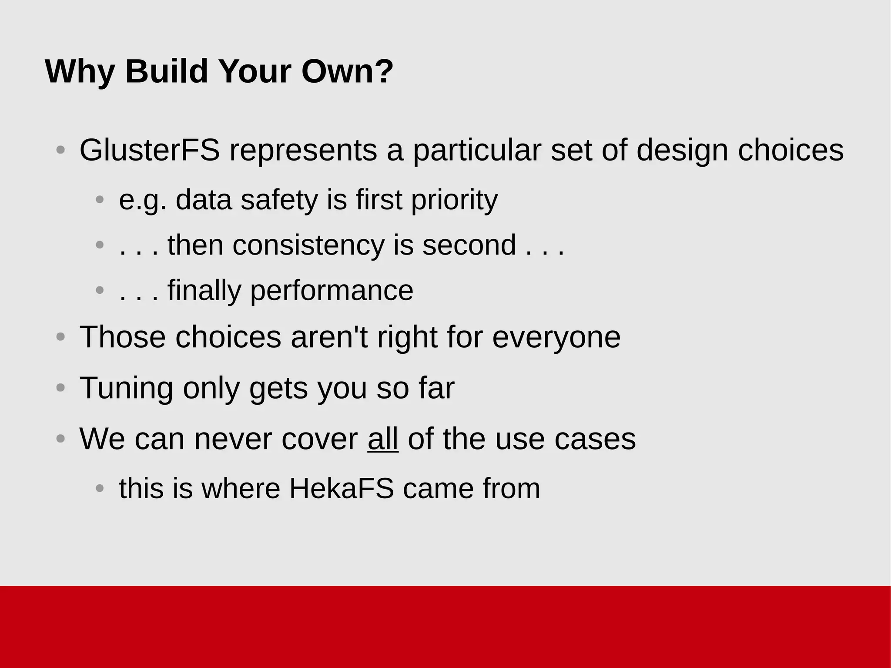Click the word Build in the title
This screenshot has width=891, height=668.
click(x=167, y=71)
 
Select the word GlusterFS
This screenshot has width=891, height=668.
click(x=149, y=150)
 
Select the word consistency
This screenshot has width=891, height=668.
click(x=308, y=245)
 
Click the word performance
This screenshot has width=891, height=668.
click(x=332, y=290)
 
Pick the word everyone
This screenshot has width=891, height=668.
click(x=556, y=337)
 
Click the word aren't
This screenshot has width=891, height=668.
click(x=329, y=337)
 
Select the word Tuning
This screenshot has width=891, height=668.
click(x=126, y=388)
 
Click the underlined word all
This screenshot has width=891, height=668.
click(x=383, y=439)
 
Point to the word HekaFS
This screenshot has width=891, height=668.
click(x=342, y=488)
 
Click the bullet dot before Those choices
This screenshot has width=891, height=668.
click(x=61, y=337)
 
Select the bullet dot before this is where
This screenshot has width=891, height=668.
click(x=100, y=488)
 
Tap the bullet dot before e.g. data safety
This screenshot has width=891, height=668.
click(x=100, y=200)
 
